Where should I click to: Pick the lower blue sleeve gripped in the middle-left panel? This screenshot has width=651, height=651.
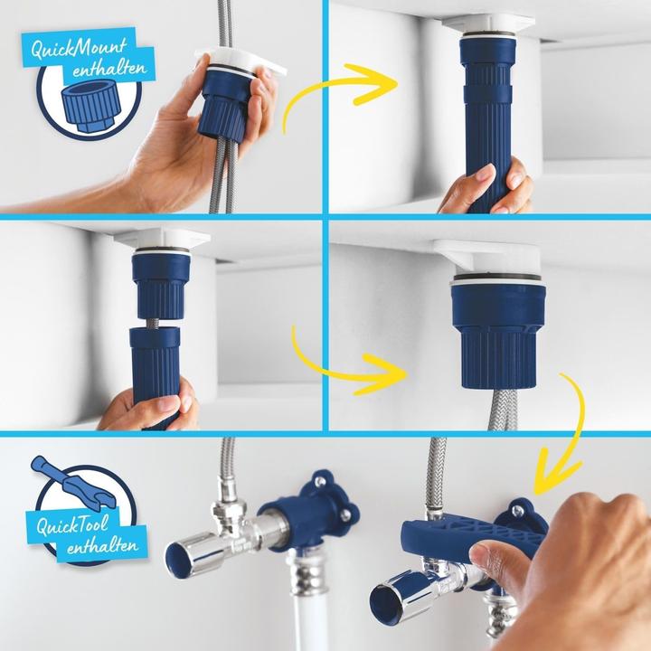(159, 366)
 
